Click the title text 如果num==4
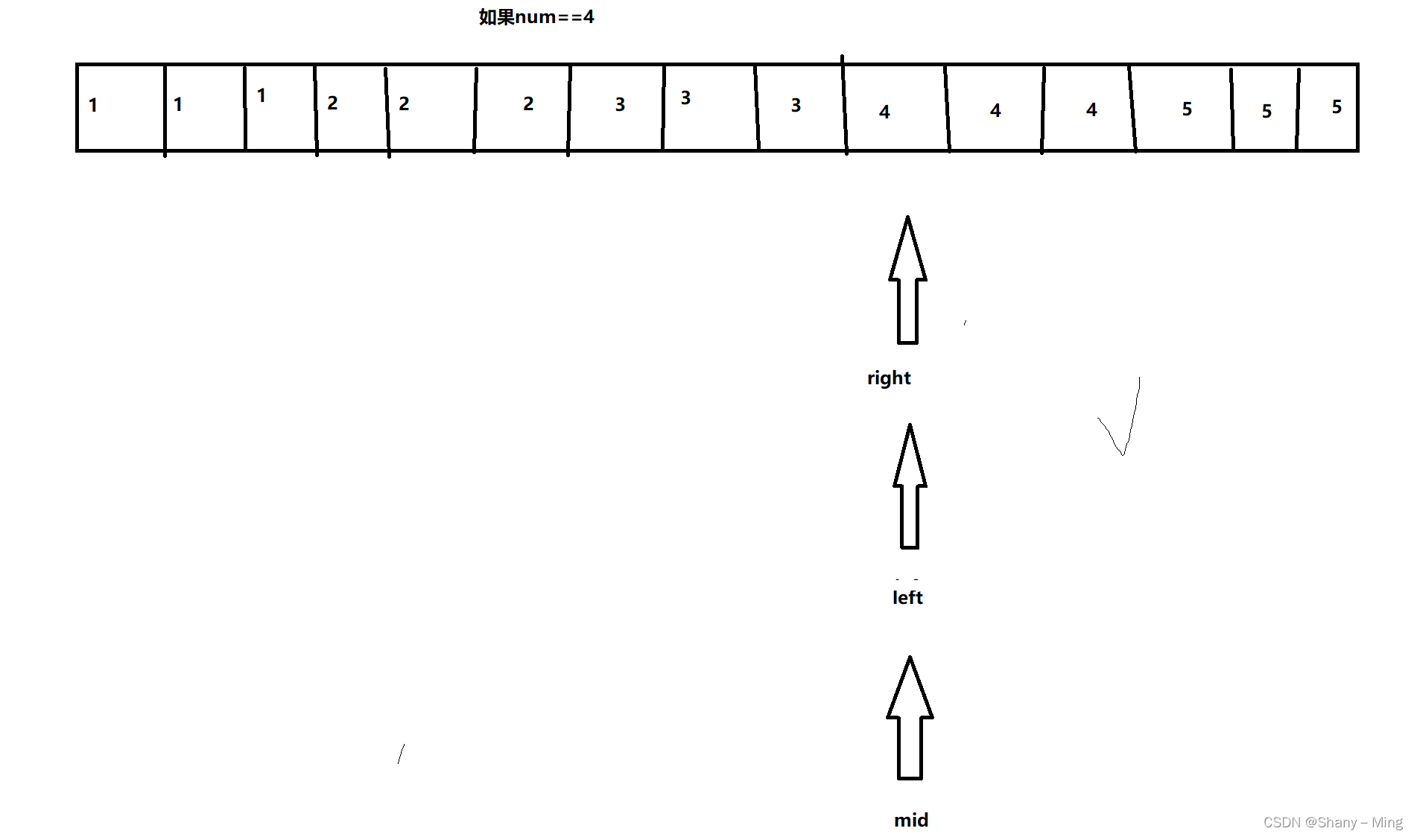(536, 17)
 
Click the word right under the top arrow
(889, 378)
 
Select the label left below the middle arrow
(907, 597)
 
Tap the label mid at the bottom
(911, 820)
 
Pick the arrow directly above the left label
(910, 488)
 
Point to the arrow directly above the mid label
(910, 719)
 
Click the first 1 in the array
(93, 106)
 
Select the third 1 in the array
(261, 95)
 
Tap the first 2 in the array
(332, 103)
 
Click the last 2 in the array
(528, 104)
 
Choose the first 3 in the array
(620, 105)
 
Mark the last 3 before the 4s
(796, 105)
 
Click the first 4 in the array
(884, 112)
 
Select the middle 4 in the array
(995, 110)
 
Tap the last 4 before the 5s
(1091, 109)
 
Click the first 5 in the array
(1187, 109)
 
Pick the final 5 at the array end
(1337, 106)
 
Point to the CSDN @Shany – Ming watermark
(1332, 822)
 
